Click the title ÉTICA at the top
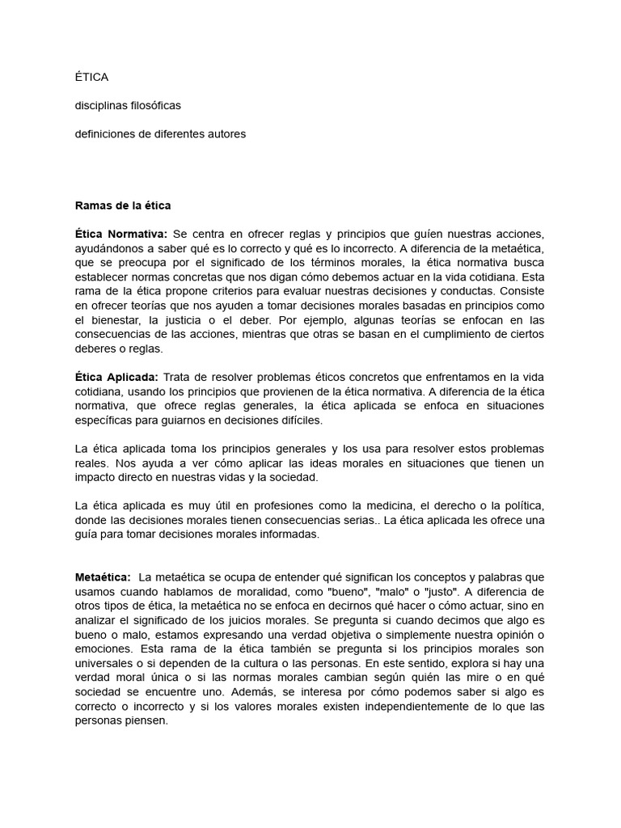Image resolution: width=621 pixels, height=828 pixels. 91,78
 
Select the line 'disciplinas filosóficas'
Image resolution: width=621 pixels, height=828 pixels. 128,106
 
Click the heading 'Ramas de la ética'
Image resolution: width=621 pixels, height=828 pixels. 123,205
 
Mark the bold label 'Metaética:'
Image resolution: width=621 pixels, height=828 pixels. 103,577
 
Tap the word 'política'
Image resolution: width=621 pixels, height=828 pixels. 522,505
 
